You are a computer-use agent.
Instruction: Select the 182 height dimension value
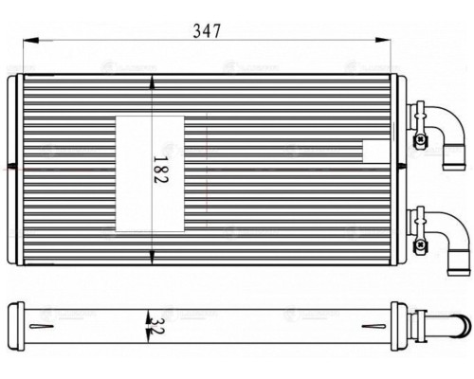click(x=152, y=174)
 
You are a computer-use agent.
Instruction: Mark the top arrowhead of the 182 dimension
click(x=152, y=83)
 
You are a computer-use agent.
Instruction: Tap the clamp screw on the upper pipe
click(x=417, y=110)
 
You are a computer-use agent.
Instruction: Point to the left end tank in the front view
click(x=13, y=173)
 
